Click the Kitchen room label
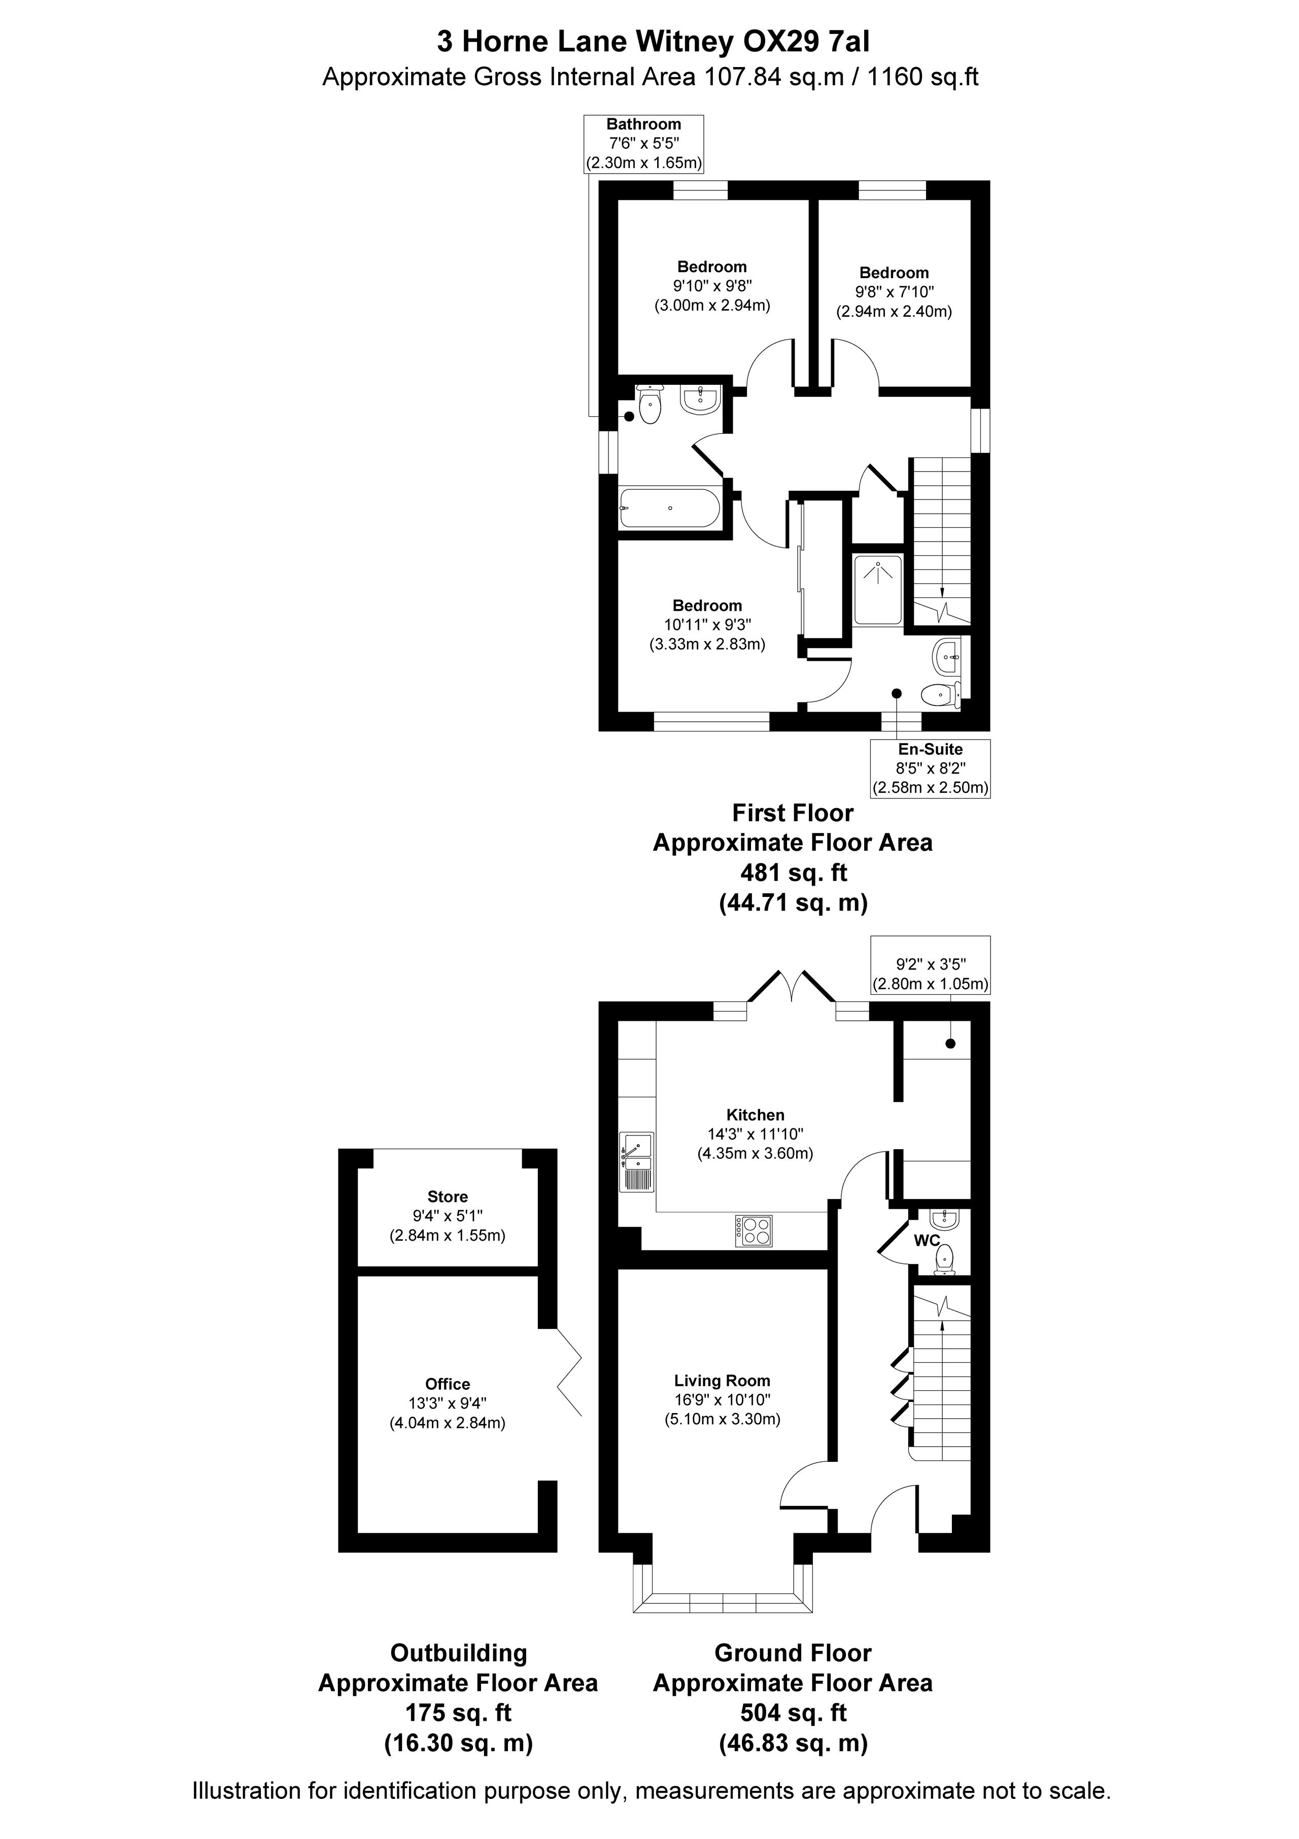coord(755,1114)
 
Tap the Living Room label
coord(722,1380)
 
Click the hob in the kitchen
coord(754,1230)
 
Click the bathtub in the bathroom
coord(669,508)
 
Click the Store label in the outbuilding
coord(448,1196)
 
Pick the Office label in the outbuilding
coord(448,1384)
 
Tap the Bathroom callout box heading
coord(644,124)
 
